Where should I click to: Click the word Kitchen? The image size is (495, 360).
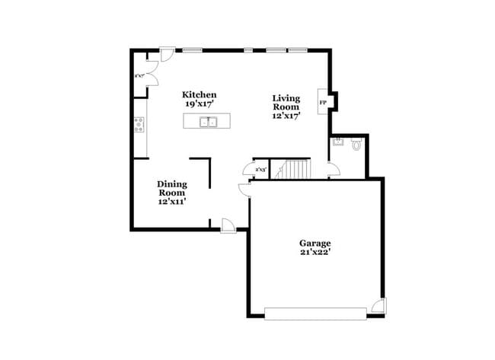199,94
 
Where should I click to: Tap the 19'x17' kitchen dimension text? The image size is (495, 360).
199,104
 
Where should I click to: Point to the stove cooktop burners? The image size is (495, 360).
139,125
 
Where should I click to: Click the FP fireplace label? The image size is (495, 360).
323,102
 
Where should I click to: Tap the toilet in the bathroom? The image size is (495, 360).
356,143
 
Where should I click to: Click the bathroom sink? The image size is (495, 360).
337,142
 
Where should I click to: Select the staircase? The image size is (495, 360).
293,168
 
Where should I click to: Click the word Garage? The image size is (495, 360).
315,244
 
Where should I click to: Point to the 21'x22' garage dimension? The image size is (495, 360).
315,253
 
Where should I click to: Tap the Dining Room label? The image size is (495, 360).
172,188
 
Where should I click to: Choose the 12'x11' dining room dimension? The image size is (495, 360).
172,202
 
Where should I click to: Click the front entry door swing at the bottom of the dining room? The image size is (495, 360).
227,224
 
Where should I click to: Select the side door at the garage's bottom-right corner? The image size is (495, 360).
379,307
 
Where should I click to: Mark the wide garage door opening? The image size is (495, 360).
314,312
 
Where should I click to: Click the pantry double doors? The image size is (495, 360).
152,75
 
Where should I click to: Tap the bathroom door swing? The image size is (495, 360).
333,171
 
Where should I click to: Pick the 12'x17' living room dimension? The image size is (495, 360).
286,116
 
